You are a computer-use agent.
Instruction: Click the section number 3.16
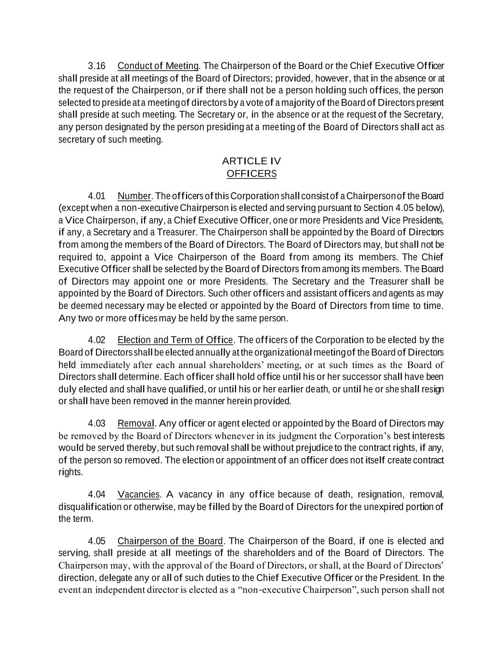coord(97,66)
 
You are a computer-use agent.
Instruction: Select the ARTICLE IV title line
coord(251,161)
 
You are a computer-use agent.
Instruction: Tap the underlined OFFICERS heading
coord(251,173)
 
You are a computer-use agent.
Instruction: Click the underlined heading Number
coord(134,196)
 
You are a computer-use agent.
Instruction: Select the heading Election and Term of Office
coord(175,340)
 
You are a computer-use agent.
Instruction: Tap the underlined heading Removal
coord(136,424)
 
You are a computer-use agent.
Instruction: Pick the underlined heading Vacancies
coord(139,494)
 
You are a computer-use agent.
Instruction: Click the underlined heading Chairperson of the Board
coord(170,541)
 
